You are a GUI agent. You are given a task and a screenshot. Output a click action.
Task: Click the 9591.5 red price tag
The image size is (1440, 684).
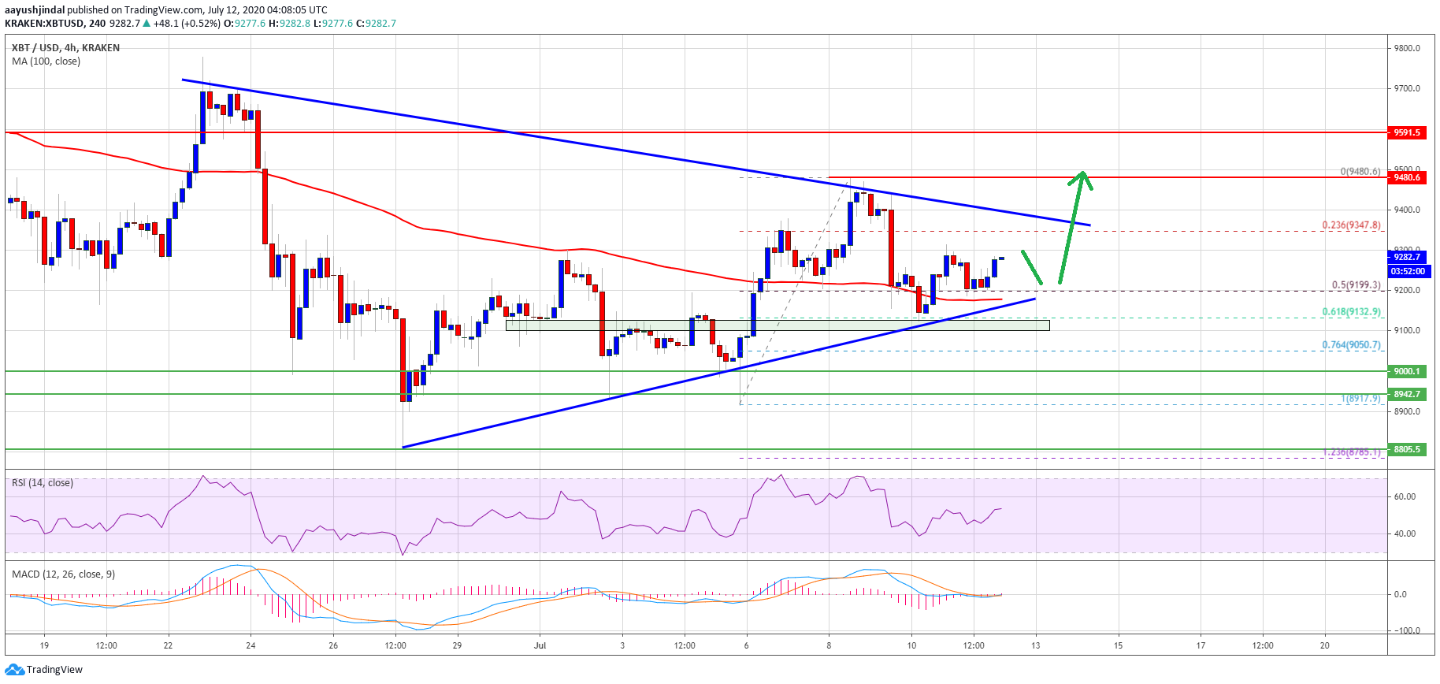click(1406, 132)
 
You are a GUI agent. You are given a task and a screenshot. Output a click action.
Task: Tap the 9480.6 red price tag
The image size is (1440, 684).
click(1406, 177)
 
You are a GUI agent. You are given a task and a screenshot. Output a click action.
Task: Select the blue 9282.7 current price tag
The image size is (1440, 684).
click(1406, 257)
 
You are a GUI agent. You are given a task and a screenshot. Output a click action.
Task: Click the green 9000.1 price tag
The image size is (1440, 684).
click(1406, 371)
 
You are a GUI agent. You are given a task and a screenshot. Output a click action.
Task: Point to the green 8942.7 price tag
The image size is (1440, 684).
click(1406, 394)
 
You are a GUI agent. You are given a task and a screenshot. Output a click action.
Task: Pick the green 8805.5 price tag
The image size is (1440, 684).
click(1406, 449)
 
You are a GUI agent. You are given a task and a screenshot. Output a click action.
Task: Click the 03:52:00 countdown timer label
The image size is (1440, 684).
click(1407, 271)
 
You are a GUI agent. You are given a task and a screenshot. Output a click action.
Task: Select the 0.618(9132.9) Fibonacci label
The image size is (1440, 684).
click(1351, 312)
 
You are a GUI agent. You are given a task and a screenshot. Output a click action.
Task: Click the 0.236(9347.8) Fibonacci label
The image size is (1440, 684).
click(1351, 225)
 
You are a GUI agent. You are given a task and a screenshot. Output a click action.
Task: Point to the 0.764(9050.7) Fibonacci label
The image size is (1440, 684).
click(1351, 345)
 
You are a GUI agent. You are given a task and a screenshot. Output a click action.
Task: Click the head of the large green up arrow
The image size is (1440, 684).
click(1083, 177)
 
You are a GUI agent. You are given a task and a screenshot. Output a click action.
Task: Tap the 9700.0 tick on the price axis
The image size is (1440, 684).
click(1407, 89)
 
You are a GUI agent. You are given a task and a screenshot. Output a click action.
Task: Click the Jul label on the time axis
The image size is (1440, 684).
click(540, 645)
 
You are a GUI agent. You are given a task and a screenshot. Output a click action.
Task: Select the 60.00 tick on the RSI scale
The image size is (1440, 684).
click(1405, 496)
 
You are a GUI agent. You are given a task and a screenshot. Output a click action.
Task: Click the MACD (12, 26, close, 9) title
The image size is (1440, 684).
click(63, 574)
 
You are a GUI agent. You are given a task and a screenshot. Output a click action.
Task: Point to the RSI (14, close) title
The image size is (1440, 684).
click(43, 483)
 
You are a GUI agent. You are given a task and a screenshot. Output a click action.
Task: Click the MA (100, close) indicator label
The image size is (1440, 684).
click(46, 61)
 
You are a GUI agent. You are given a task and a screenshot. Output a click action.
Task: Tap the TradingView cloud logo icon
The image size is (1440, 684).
click(14, 670)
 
